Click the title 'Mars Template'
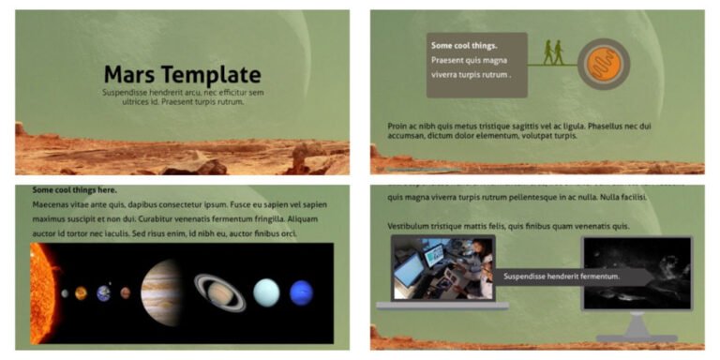click(182, 74)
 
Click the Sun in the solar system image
click(42, 292)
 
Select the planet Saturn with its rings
click(220, 292)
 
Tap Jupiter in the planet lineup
click(161, 292)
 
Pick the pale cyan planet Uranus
click(266, 292)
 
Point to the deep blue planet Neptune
click(301, 292)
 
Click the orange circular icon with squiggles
click(603, 65)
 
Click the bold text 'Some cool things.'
click(464, 45)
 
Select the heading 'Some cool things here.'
click(74, 189)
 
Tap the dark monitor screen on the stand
click(636, 271)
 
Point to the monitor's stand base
click(637, 335)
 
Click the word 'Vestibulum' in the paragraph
click(412, 226)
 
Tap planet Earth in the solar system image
click(103, 292)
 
